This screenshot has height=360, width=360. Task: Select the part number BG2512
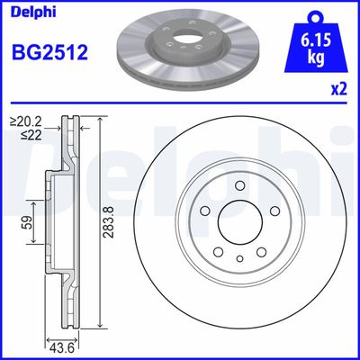pos(49,53)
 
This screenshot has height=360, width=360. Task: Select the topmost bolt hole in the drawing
pos(240,186)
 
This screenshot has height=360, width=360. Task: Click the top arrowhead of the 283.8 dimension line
pos(99,121)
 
